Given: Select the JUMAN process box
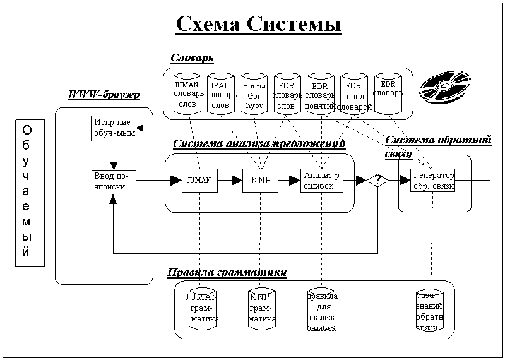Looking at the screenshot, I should tap(199, 180).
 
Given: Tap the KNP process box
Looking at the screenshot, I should tap(260, 180).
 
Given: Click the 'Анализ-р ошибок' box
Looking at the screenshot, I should tap(321, 180).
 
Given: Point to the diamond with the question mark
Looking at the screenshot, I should tap(377, 181).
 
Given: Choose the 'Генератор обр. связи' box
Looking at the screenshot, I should tap(432, 181).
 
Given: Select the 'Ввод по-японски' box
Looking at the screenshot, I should tap(112, 181).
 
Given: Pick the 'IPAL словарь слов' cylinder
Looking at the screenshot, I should tap(220, 95).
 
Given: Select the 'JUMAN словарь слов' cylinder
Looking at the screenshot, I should tap(187, 93).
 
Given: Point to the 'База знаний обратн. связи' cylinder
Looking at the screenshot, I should tap(431, 311).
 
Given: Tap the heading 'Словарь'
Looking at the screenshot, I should tap(192, 57).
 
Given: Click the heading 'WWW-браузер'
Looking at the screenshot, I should tap(104, 95).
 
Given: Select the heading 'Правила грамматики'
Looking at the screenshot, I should tap(227, 273).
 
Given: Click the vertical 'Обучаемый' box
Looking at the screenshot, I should tap(27, 191).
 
